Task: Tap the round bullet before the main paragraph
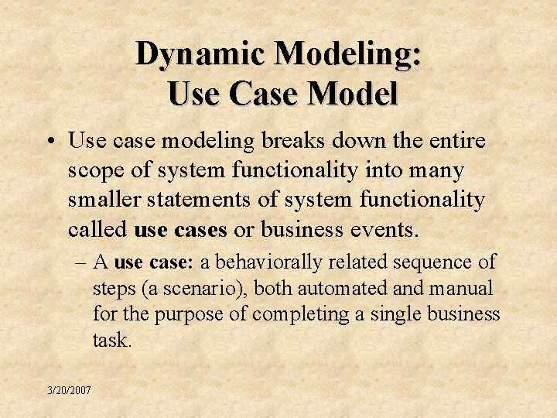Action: click(x=49, y=142)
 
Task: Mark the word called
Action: click(x=97, y=229)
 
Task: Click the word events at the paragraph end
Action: click(x=381, y=229)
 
